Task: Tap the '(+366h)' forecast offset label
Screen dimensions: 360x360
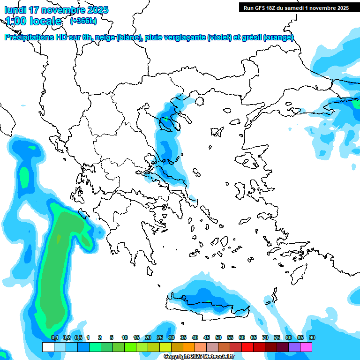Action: [83, 21]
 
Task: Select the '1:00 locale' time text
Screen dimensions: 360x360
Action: [33, 21]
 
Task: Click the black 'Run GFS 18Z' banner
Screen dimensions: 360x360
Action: [296, 7]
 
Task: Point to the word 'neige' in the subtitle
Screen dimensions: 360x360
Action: [105, 37]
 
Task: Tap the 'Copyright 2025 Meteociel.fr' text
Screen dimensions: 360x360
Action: [199, 357]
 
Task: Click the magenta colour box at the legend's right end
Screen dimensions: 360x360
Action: [306, 347]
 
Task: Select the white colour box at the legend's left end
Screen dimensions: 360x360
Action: [48, 347]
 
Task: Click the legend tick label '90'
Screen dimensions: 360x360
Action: [312, 338]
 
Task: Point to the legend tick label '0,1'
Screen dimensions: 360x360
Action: [54, 338]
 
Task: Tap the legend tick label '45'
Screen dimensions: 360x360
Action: [207, 338]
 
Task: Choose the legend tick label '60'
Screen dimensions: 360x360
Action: [242, 338]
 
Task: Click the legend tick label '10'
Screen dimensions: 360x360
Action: [125, 338]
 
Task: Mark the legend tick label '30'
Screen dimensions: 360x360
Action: [172, 338]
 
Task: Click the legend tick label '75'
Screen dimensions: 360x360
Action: [277, 338]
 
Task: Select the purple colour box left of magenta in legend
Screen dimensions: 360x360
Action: [294, 347]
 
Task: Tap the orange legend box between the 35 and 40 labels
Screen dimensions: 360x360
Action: [189, 347]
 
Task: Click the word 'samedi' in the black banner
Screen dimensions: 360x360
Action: [294, 7]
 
